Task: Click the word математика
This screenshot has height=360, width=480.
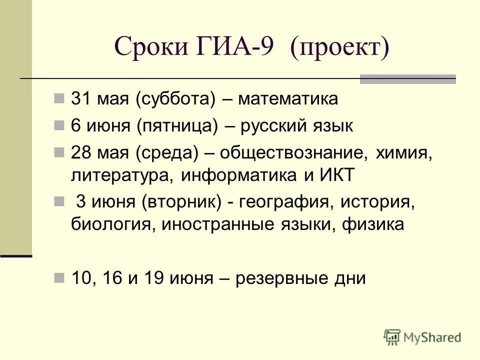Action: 288,99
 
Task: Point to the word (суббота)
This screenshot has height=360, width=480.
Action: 174,99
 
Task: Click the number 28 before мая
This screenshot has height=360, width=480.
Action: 80,152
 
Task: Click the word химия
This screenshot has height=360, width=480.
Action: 404,152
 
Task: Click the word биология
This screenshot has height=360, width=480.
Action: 113,224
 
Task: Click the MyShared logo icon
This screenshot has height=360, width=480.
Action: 392,336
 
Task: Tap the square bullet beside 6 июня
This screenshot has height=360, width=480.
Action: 59,125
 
